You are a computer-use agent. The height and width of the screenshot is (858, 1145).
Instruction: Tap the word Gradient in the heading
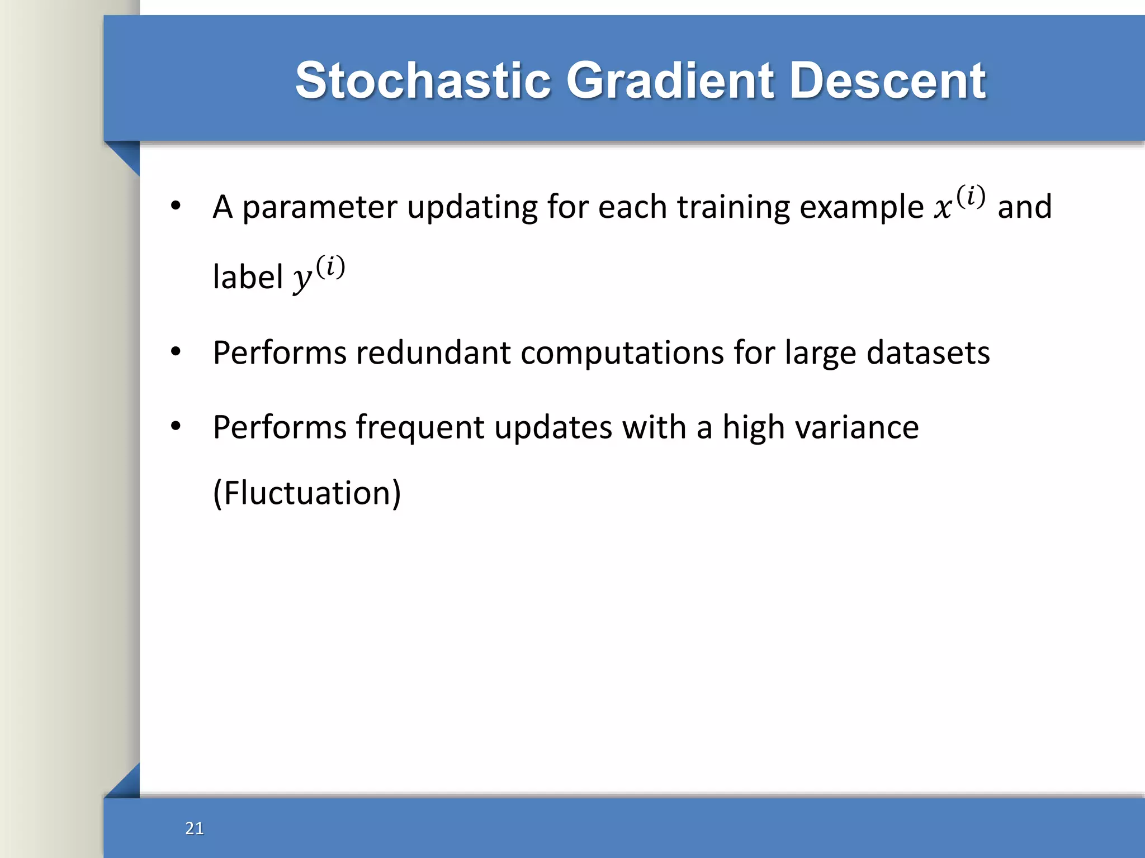coord(670,81)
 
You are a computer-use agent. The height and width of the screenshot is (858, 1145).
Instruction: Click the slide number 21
coord(195,828)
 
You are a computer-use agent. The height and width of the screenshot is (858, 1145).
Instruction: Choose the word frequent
coord(420,428)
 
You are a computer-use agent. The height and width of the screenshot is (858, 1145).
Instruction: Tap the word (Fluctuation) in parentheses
coord(307,493)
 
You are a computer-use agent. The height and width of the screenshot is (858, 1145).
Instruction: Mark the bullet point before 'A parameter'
coord(176,206)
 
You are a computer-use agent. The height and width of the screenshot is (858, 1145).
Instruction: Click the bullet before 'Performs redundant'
coord(176,352)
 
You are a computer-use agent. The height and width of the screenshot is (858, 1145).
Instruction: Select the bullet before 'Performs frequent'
coord(176,426)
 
